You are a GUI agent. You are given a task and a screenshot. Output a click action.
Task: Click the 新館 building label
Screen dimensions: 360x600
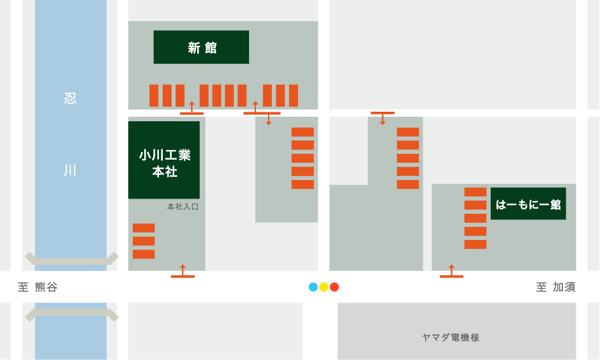(x=201, y=47)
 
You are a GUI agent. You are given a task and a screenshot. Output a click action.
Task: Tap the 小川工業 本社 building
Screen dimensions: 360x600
(x=164, y=160)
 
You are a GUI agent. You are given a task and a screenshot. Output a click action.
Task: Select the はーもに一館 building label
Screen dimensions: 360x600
(x=528, y=204)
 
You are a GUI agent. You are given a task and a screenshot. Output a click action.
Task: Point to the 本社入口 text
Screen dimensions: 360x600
(x=183, y=207)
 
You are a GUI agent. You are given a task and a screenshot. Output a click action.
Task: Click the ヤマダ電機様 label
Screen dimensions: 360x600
(x=451, y=337)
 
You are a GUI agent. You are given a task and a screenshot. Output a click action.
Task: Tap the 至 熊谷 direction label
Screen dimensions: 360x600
(x=38, y=287)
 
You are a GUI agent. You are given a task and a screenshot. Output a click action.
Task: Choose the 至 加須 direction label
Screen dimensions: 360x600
(x=555, y=287)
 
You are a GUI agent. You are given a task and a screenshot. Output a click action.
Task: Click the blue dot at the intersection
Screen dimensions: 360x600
(x=313, y=287)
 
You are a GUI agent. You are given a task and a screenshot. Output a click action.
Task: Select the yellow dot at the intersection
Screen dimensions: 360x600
(x=324, y=287)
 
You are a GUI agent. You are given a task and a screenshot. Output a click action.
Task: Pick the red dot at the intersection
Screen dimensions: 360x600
(x=334, y=287)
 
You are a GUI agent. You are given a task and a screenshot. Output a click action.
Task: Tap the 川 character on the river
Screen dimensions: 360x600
(x=70, y=170)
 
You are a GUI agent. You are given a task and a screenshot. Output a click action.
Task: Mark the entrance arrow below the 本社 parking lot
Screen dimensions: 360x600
(x=183, y=272)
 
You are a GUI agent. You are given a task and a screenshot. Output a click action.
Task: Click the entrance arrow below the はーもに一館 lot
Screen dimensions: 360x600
(x=451, y=272)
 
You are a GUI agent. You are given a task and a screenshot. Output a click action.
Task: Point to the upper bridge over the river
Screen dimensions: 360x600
(x=71, y=260)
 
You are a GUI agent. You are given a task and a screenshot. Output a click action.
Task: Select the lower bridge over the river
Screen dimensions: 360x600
(x=71, y=314)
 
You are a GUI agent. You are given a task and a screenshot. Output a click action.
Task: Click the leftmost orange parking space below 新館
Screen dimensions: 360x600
(x=154, y=96)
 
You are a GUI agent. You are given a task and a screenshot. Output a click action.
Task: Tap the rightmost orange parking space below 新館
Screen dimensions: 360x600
(x=294, y=96)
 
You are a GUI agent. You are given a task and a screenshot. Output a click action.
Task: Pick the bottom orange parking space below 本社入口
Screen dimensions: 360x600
(x=144, y=254)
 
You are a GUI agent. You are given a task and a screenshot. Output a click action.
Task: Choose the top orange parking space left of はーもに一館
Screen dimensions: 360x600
(x=475, y=191)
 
